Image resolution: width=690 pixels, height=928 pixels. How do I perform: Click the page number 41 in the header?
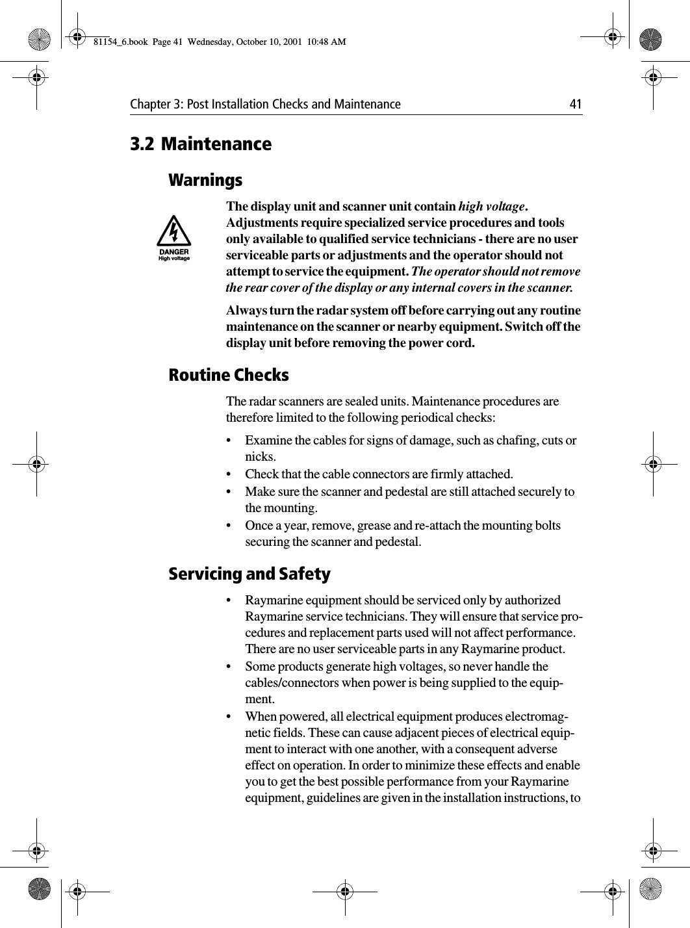[x=575, y=105]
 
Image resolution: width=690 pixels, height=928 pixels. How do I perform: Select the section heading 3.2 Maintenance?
[x=201, y=144]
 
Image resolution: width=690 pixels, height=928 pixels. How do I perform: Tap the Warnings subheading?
[x=205, y=180]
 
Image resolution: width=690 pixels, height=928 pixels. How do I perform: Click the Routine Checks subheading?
[x=229, y=376]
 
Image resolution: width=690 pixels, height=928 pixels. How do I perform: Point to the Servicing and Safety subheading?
[x=249, y=574]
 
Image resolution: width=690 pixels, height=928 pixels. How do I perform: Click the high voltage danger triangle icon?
[x=174, y=238]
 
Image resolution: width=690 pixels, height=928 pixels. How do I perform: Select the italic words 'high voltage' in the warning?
[x=491, y=207]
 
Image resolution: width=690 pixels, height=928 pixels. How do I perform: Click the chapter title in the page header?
[x=265, y=105]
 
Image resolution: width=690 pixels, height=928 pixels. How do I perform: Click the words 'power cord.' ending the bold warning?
[x=444, y=343]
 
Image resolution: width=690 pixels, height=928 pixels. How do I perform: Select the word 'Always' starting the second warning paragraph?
[x=246, y=311]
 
